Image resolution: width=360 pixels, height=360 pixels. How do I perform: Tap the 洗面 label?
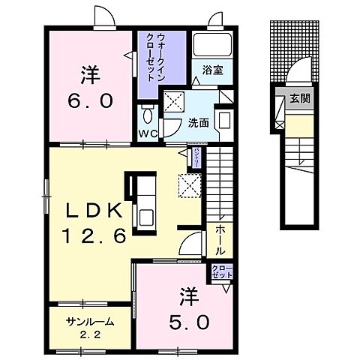(198, 123)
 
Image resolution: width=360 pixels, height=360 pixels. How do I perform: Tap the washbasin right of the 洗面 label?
(224, 121)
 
